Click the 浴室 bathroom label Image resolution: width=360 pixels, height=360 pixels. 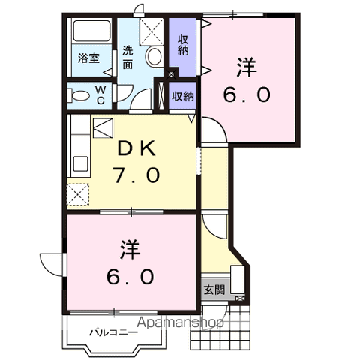coord(89,58)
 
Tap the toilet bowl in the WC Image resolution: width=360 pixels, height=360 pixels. coord(78,94)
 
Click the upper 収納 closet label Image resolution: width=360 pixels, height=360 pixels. coord(182,44)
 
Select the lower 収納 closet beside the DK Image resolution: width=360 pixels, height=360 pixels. coord(182,96)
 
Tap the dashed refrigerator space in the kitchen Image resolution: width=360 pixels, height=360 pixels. coord(77,196)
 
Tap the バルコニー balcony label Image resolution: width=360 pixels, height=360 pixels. coord(112,331)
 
